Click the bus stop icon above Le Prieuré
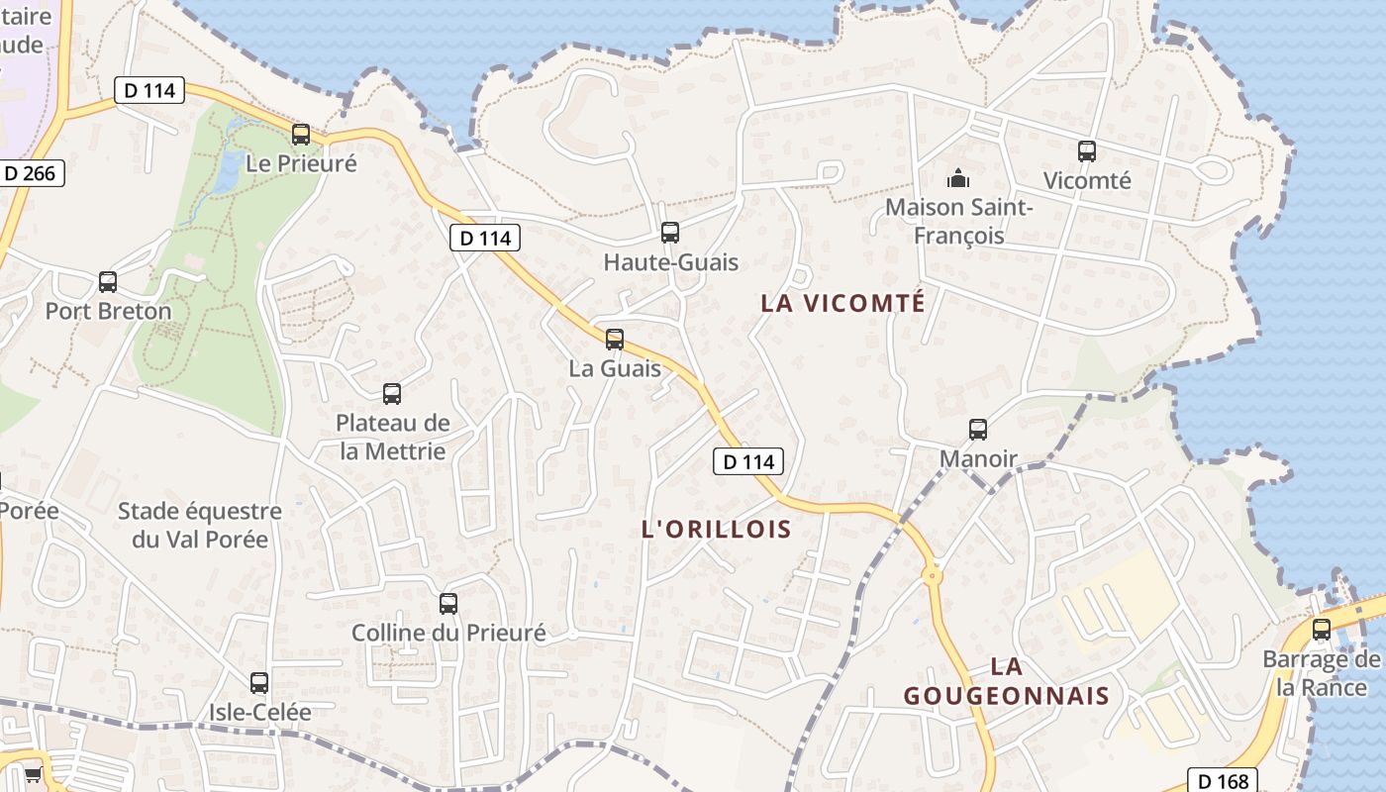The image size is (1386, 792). tap(301, 134)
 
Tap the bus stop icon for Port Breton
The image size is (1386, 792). tap(108, 282)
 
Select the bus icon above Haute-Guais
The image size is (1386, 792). tap(670, 233)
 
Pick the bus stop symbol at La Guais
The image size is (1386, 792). tap(615, 340)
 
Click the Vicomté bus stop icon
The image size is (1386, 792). tap(1087, 151)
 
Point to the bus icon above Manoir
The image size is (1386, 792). tap(978, 430)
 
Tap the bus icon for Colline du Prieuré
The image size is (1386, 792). tap(448, 603)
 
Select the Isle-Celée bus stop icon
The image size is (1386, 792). tap(259, 682)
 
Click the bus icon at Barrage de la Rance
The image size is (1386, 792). tap(1322, 630)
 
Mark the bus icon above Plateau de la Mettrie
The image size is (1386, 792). tap(392, 394)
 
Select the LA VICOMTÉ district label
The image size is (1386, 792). tap(842, 303)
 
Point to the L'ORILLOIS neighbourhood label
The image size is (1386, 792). tap(717, 530)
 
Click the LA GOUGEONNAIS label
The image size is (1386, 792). tap(1006, 681)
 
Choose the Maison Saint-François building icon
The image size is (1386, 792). tap(957, 179)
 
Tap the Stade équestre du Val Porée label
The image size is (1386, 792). tap(200, 525)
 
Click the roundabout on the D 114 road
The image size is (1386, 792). tap(932, 574)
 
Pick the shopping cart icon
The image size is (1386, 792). tap(33, 774)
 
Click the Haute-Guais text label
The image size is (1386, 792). tap(671, 263)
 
